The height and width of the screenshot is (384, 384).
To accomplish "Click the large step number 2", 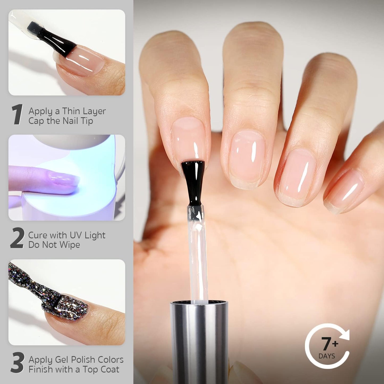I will click(17, 238).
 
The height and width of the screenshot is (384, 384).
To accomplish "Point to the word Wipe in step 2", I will click(70, 245).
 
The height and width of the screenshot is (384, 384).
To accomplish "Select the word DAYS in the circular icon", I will click(327, 356).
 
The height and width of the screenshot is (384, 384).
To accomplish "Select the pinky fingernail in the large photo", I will click(344, 190).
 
